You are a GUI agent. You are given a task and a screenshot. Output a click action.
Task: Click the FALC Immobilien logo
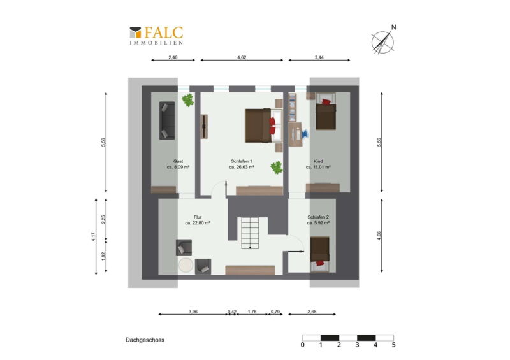tap(156, 36)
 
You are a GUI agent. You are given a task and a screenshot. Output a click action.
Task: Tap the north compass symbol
tap(383, 41)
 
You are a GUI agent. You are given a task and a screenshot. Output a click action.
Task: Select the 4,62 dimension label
tap(242, 57)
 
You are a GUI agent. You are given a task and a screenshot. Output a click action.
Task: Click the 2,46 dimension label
tap(173, 57)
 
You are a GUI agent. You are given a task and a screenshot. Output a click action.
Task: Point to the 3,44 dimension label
tap(319, 57)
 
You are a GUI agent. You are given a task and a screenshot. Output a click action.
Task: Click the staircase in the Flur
tap(250, 233)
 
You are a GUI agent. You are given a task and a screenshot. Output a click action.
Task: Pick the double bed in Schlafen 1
tap(263, 126)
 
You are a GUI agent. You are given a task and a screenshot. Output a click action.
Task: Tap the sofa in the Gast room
tap(167, 120)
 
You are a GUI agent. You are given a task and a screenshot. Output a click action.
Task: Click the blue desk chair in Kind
tap(305, 133)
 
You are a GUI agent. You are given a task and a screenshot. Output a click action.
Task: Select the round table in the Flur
tap(186, 265)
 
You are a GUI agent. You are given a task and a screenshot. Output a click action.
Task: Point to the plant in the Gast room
tap(187, 100)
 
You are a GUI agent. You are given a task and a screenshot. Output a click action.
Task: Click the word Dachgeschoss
tap(145, 340)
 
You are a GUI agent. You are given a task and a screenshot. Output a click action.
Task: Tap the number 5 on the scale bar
tap(393, 345)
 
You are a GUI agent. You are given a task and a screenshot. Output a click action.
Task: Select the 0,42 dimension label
tap(232, 312)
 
